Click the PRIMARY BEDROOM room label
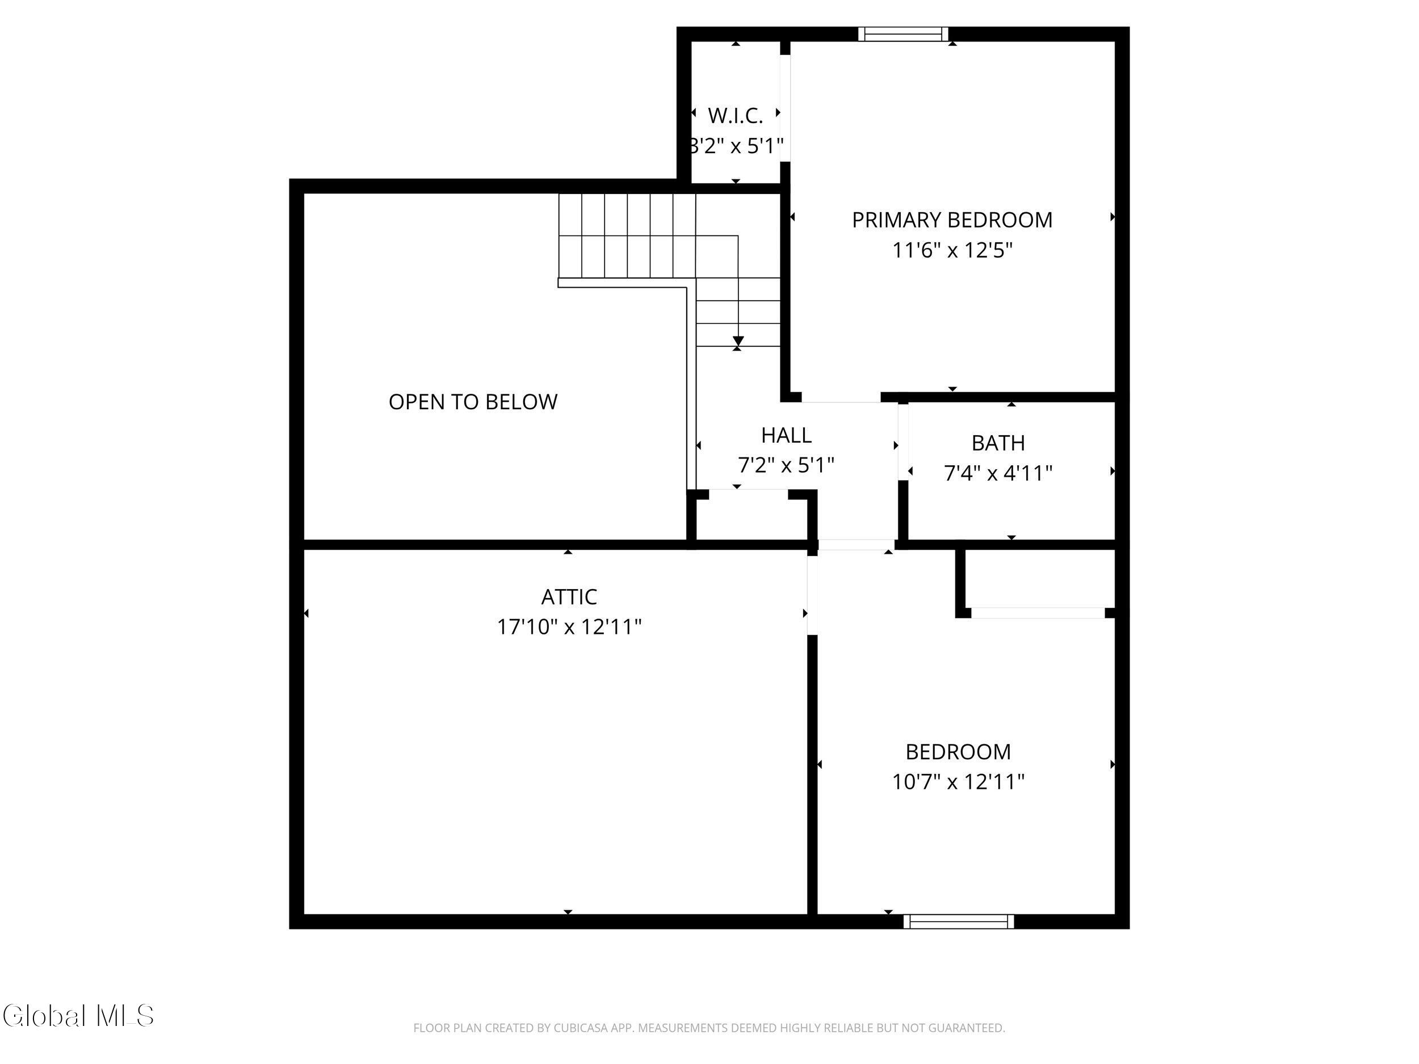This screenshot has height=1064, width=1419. pyautogui.click(x=952, y=220)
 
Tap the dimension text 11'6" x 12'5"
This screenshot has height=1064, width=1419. pyautogui.click(x=952, y=250)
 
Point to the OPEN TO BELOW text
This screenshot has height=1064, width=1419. pyautogui.click(x=473, y=402)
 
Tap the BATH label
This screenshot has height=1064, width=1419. pyautogui.click(x=998, y=443)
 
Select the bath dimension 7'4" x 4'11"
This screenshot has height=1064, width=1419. pyautogui.click(x=998, y=473)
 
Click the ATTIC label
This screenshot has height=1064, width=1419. pyautogui.click(x=569, y=596)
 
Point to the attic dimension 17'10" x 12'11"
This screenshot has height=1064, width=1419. pyautogui.click(x=569, y=626)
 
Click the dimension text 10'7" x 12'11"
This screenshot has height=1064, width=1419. pyautogui.click(x=958, y=781)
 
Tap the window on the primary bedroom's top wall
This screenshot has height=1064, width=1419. pyautogui.click(x=903, y=34)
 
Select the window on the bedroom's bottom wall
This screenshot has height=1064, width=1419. pyautogui.click(x=959, y=922)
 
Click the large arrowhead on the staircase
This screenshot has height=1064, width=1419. pyautogui.click(x=738, y=341)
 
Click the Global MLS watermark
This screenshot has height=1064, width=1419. pyautogui.click(x=78, y=1016)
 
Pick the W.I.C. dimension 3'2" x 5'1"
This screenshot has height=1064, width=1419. pyautogui.click(x=735, y=146)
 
